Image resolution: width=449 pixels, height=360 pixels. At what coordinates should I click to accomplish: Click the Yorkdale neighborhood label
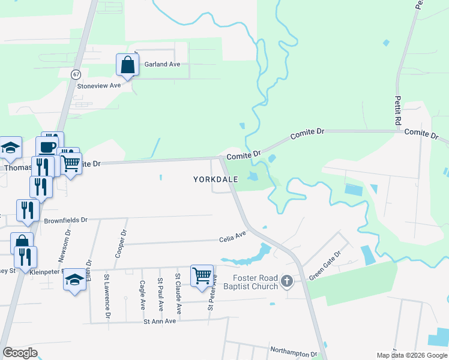[215, 179]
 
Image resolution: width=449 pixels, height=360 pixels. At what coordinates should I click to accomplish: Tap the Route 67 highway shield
[75, 74]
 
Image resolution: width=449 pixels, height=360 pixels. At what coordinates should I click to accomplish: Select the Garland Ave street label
[162, 64]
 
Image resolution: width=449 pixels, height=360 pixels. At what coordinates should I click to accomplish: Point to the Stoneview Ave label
[99, 86]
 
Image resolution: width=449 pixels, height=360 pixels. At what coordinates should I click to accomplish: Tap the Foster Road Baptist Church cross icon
[287, 281]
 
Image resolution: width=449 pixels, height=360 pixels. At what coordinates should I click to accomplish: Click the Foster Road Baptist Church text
[255, 282]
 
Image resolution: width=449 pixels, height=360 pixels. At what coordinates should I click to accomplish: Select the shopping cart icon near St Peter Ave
[202, 275]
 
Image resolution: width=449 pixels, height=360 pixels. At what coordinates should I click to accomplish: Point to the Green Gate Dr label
[324, 266]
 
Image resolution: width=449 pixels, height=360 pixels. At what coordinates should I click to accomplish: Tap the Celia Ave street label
[232, 236]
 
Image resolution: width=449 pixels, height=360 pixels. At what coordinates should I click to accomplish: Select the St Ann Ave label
[159, 321]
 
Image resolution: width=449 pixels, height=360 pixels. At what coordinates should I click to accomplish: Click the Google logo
[20, 353]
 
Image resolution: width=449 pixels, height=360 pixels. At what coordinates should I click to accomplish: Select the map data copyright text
[412, 355]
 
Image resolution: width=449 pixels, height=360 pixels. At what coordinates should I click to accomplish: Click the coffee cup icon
[47, 147]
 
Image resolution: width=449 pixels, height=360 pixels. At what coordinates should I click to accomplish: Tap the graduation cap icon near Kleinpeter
[74, 279]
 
